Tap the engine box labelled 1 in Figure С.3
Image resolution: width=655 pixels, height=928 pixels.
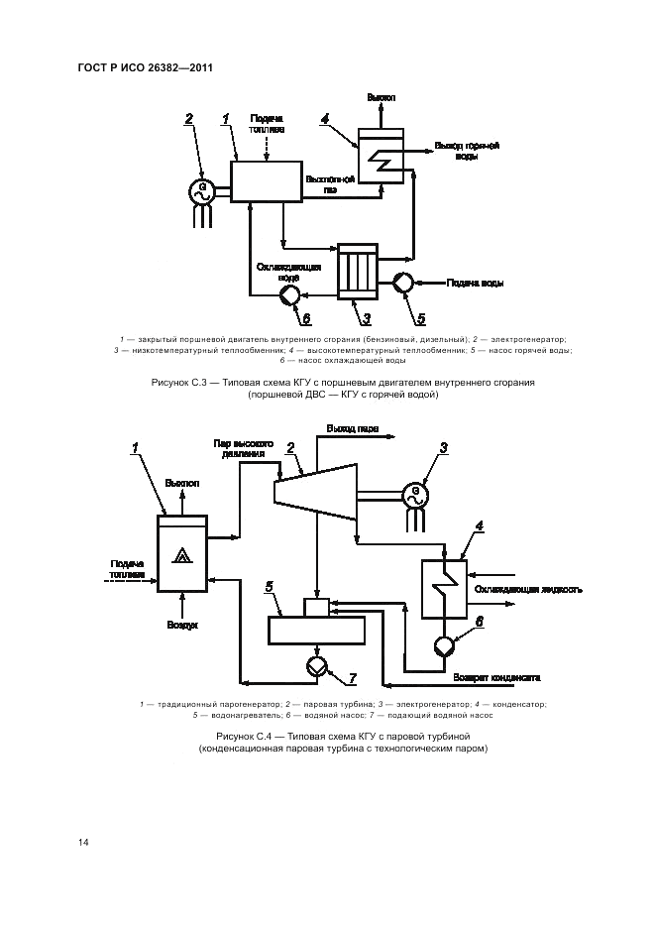click(x=268, y=182)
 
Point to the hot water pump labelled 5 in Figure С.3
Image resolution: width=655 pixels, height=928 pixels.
click(x=403, y=284)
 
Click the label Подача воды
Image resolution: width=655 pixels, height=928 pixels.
click(x=478, y=284)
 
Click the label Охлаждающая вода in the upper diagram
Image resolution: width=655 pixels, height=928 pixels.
click(x=286, y=273)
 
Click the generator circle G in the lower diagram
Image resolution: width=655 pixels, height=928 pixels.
click(x=415, y=493)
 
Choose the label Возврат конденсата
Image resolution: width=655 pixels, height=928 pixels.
click(x=495, y=679)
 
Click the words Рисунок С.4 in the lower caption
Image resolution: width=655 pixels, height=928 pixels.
click(x=243, y=737)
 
